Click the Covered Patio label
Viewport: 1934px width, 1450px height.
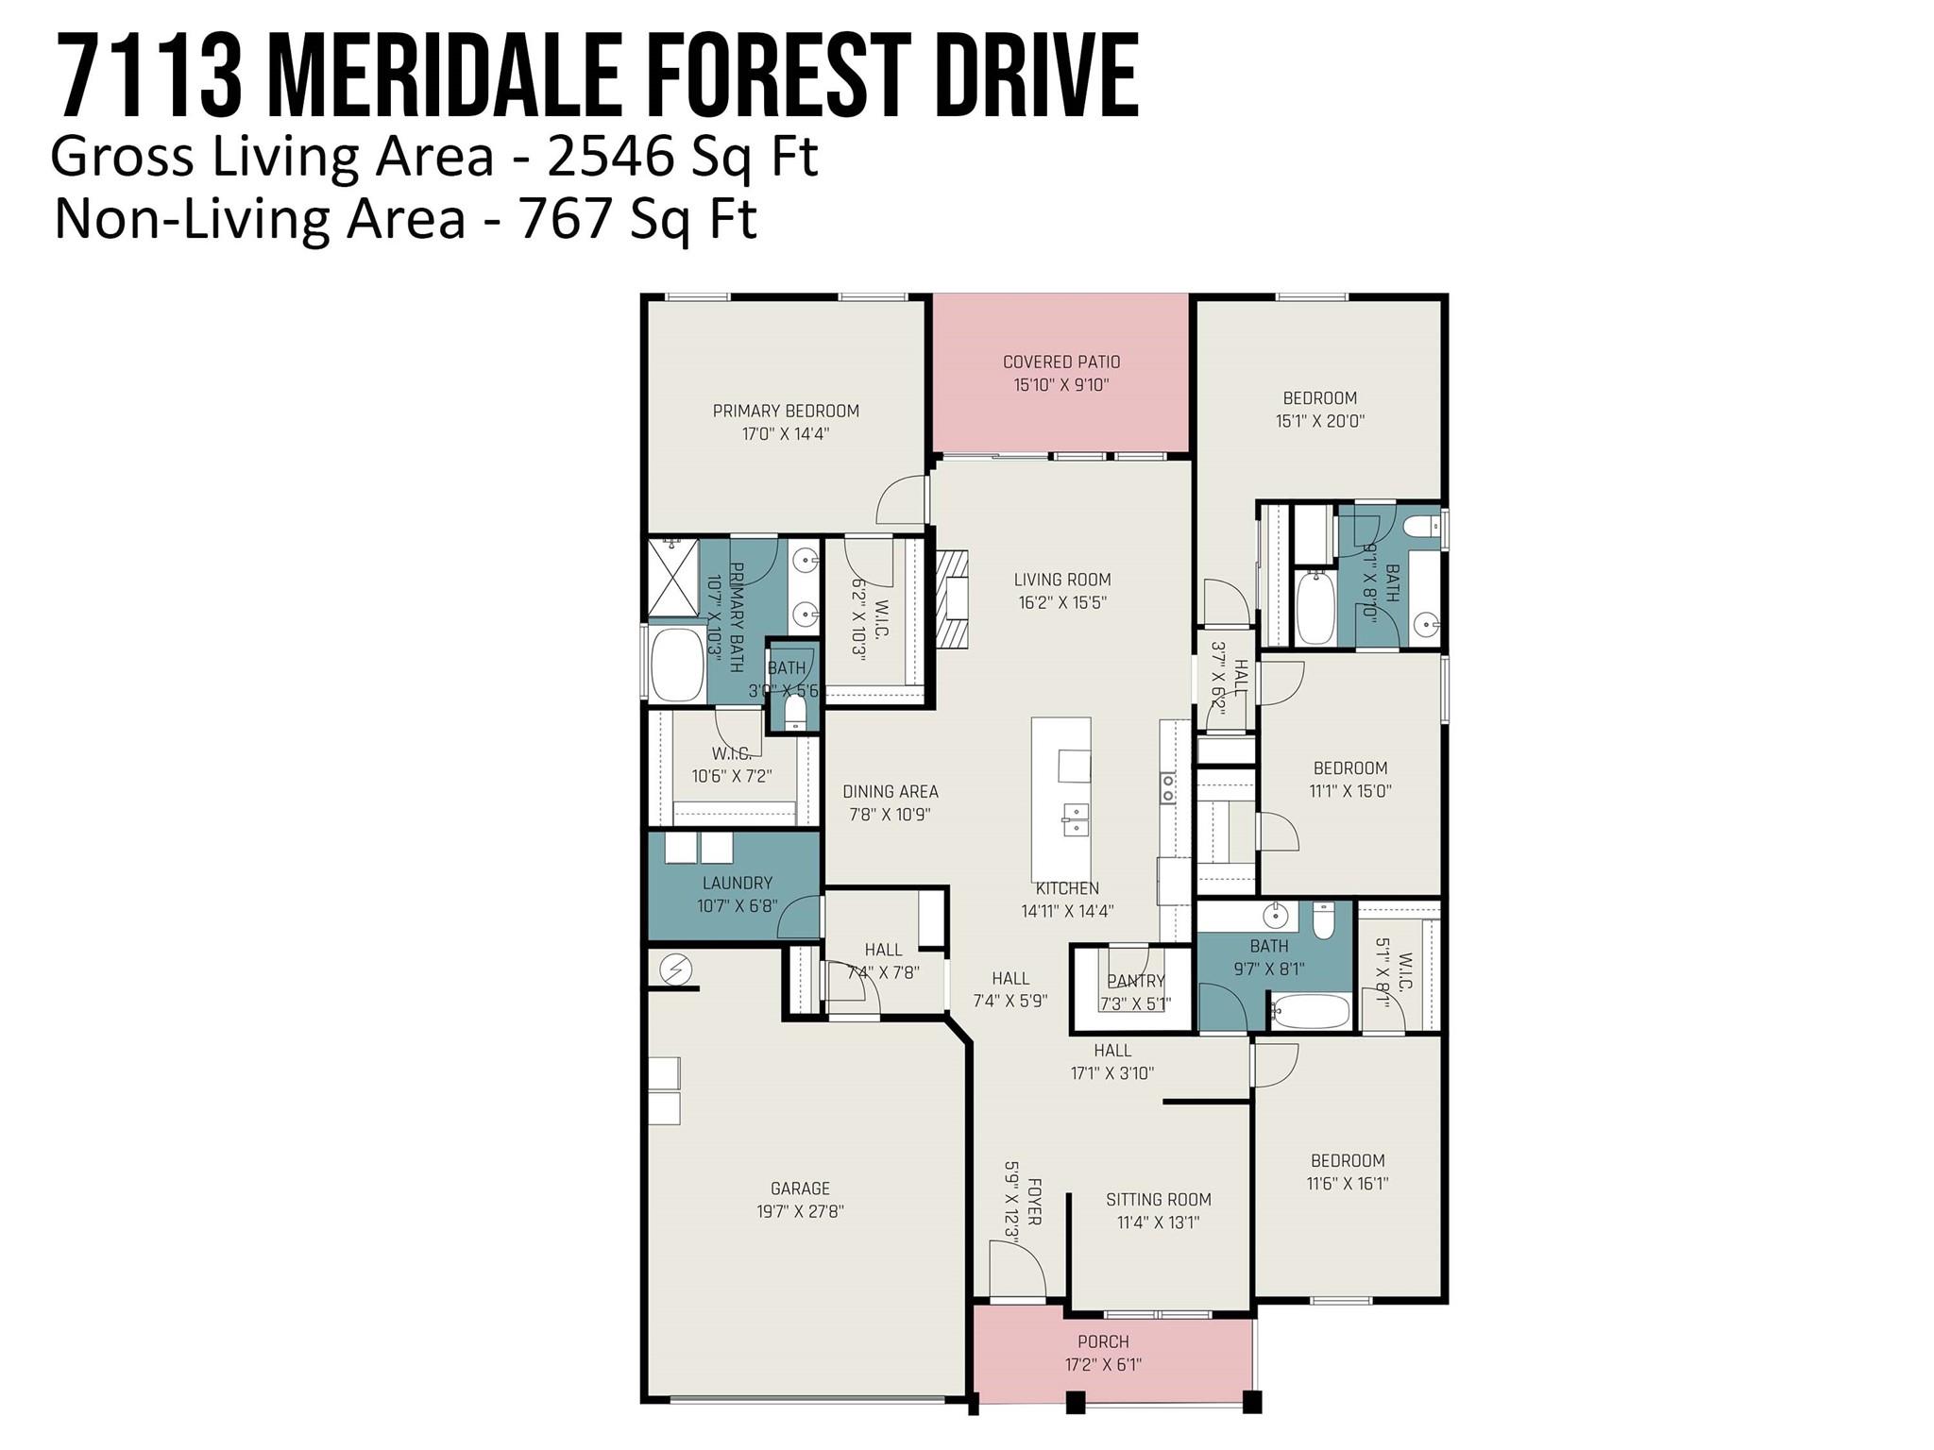point(1061,362)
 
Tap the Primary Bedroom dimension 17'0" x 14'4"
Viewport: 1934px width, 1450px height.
point(786,434)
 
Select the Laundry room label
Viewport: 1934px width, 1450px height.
point(738,883)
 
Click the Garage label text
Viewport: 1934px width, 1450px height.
point(800,1189)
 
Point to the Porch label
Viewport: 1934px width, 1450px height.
point(1103,1341)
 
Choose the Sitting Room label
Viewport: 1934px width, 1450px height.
point(1159,1199)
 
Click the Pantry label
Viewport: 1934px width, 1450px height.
point(1136,981)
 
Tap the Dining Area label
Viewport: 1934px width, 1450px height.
point(891,791)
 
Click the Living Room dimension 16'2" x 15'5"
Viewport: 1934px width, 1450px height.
point(1062,602)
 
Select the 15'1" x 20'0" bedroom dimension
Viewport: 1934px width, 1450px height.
point(1320,421)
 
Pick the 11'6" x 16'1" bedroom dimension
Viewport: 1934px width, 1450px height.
point(1348,1184)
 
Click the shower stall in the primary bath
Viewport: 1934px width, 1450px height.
point(672,577)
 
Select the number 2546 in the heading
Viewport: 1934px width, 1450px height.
point(609,157)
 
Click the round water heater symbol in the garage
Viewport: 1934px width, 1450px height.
point(675,969)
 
